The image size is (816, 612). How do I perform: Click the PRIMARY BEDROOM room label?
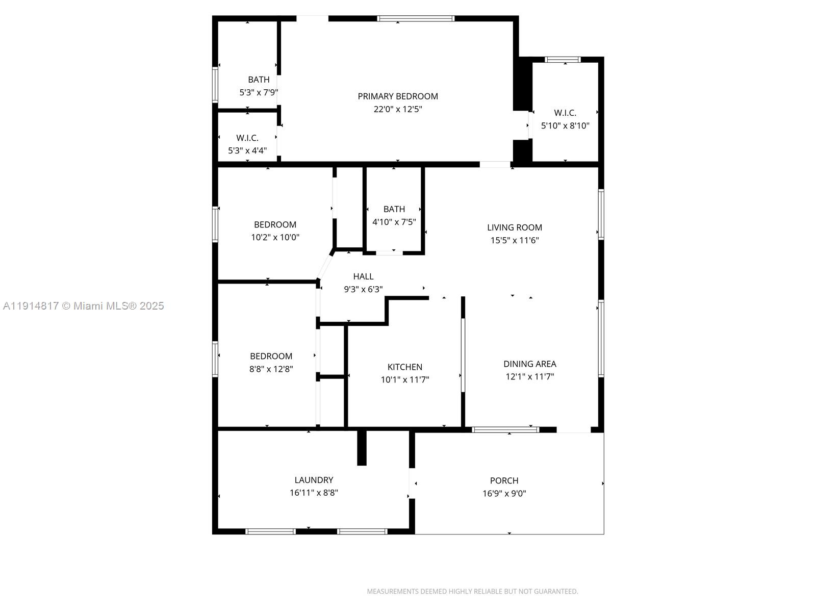point(397,96)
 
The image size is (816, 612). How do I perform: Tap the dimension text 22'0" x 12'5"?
point(397,109)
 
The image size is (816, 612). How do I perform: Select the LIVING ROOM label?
point(514,227)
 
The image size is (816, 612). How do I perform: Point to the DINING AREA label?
point(529,364)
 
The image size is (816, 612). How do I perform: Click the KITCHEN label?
point(404,367)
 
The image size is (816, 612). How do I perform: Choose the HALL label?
point(363,276)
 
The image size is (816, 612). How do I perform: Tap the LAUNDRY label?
point(314,480)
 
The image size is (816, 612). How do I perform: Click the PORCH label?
point(504,480)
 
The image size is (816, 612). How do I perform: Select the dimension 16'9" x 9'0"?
point(504,493)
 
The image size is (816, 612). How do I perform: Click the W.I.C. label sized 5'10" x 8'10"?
point(565,113)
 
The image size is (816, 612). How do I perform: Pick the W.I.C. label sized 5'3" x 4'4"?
point(247,138)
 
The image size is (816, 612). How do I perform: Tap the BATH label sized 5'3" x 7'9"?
point(259,80)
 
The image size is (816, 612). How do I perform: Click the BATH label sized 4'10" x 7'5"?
point(394,209)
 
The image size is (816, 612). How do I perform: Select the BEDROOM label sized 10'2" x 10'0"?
point(275,224)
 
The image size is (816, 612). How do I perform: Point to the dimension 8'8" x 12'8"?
point(271,369)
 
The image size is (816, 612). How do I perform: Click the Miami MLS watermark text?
point(83,306)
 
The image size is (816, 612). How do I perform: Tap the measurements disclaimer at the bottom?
point(472,592)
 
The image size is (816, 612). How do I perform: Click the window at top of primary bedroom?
point(415,19)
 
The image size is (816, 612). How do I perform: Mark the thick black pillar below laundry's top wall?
point(362,448)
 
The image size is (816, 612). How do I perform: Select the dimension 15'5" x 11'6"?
point(514,240)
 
